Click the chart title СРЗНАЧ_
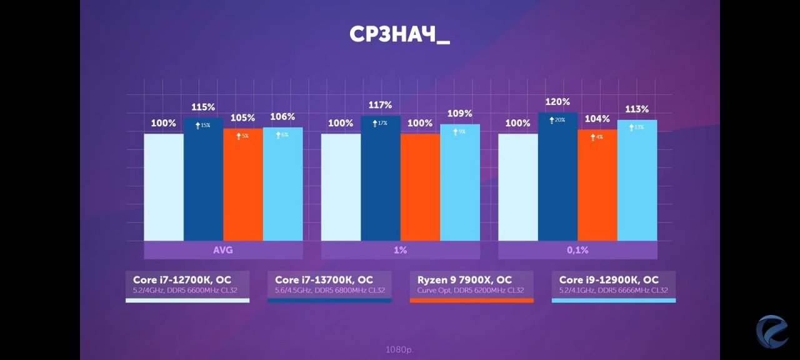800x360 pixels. tap(399, 35)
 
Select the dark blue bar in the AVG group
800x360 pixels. tap(203, 181)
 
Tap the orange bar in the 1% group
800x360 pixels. tap(420, 187)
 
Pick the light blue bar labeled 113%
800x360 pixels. tap(637, 181)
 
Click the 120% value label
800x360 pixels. tap(557, 102)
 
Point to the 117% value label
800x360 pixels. tap(380, 105)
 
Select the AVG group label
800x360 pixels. tap(223, 250)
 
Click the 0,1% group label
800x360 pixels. tap(577, 250)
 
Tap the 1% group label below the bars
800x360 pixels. tap(400, 250)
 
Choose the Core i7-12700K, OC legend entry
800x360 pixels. tap(187, 285)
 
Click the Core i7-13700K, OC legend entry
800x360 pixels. tap(329, 285)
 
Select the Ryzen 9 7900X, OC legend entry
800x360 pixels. tap(471, 285)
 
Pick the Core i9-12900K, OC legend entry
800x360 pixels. tap(613, 285)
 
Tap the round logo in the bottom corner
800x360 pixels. tap(772, 331)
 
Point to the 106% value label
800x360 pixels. tap(282, 117)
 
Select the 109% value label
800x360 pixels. tap(459, 114)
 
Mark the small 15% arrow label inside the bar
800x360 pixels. tap(202, 126)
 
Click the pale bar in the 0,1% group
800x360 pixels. tap(517, 187)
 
